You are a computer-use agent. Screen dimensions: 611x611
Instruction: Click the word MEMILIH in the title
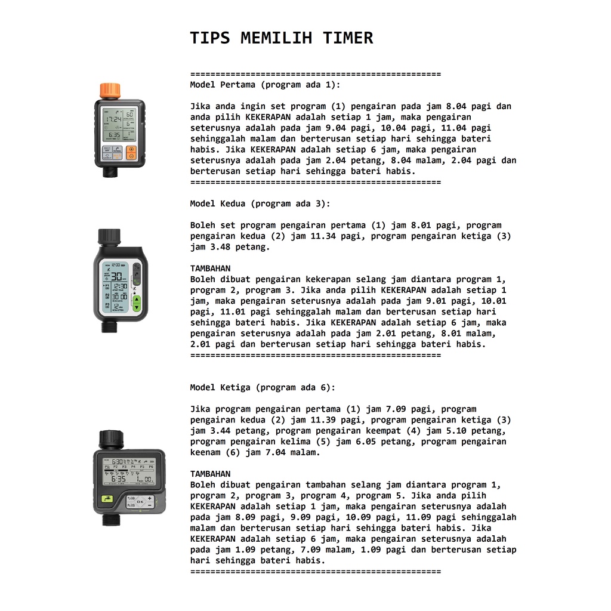point(276,38)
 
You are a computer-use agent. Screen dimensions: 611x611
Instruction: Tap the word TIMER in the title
point(348,38)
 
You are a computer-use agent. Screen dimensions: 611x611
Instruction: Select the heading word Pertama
point(237,85)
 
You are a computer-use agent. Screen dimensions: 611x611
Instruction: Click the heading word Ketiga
point(235,388)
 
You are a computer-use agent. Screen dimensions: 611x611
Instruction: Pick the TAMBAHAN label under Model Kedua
point(211,269)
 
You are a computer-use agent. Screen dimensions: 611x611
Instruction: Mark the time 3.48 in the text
point(220,247)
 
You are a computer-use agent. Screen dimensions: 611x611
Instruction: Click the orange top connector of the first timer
point(110,91)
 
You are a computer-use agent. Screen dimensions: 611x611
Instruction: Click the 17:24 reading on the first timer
point(114,119)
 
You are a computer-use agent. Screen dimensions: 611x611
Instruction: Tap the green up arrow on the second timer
point(137,300)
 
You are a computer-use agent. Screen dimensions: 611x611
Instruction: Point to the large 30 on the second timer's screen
point(116,277)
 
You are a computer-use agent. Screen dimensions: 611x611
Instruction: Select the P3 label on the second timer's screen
point(107,295)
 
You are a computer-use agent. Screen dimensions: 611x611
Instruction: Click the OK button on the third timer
point(140,501)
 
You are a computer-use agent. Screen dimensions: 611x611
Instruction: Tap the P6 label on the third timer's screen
point(151,467)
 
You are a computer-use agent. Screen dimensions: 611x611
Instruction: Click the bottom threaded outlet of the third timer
point(110,520)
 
